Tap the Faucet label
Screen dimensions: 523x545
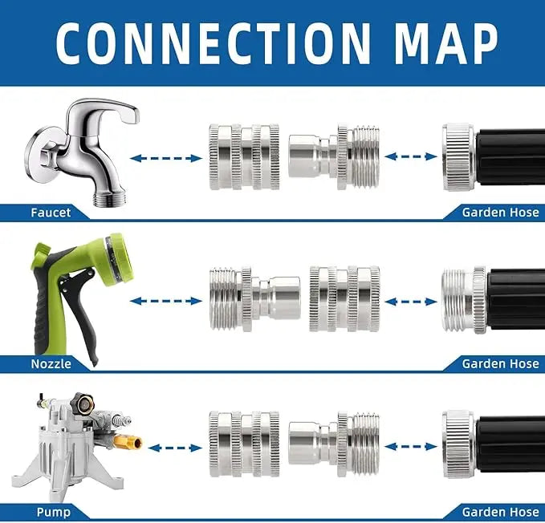51,213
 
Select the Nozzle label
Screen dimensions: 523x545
51,363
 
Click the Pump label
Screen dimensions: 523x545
53,512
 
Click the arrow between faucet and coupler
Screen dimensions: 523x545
165,158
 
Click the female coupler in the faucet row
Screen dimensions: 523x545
244,156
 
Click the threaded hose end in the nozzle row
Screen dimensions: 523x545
464,301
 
